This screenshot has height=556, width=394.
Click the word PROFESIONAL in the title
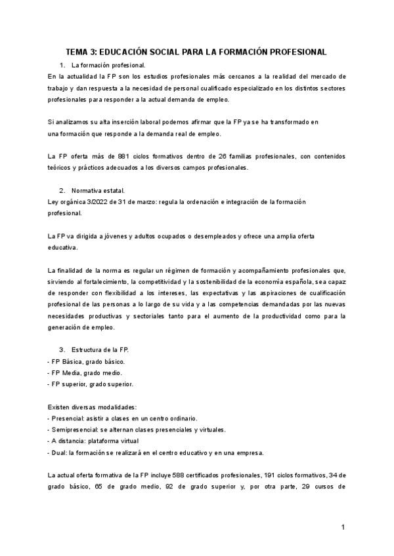293,51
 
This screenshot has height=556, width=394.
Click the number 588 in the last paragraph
176,475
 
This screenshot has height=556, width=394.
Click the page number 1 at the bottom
343,527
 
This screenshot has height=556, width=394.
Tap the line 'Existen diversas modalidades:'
92,407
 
